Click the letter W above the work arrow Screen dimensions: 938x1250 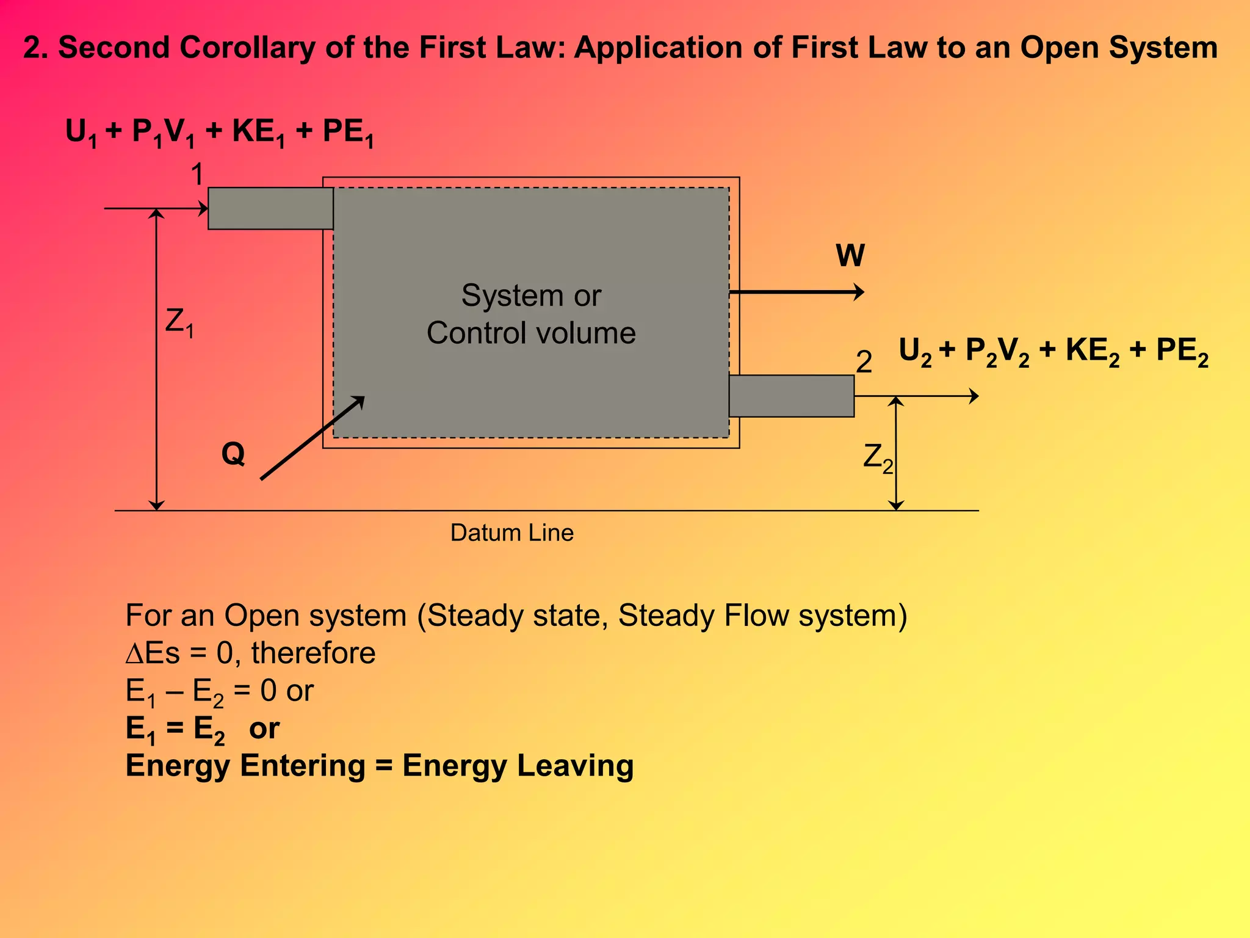[x=850, y=255]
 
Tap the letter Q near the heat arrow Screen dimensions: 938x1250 [x=233, y=454]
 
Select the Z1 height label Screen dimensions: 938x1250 [x=179, y=322]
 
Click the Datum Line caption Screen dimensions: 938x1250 [x=511, y=533]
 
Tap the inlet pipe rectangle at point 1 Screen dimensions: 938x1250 [x=270, y=208]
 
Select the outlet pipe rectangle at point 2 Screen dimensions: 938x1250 [x=791, y=396]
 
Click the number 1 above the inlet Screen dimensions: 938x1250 [x=197, y=175]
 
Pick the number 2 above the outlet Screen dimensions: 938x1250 [x=864, y=362]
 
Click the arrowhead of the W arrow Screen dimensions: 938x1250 [x=859, y=292]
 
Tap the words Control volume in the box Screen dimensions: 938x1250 [x=531, y=333]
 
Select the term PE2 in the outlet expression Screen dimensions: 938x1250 [x=1182, y=352]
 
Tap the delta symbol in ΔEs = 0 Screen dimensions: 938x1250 [x=134, y=653]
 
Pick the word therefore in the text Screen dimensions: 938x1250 [x=313, y=653]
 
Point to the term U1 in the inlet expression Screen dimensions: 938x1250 [x=81, y=133]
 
